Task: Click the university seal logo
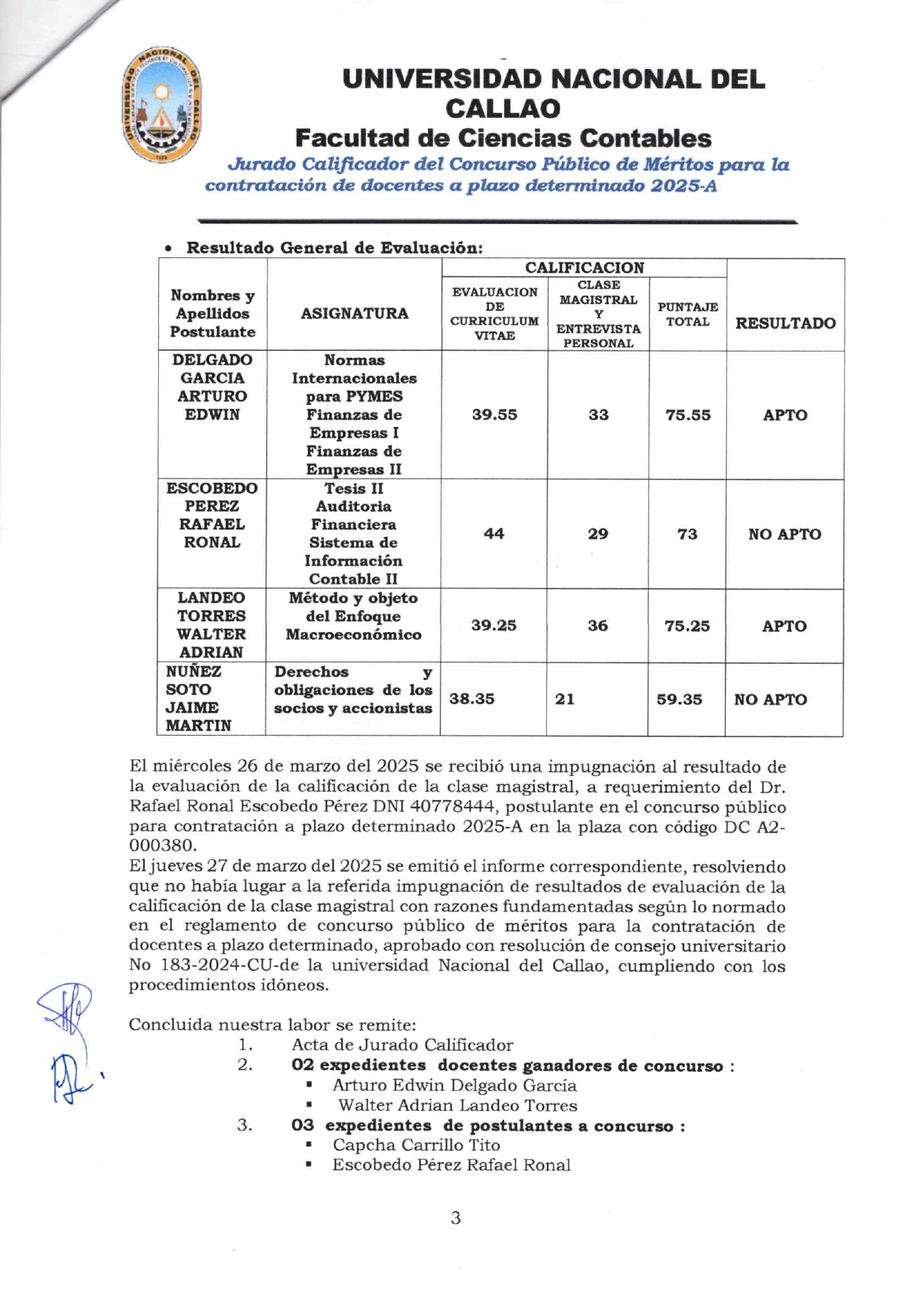(x=162, y=105)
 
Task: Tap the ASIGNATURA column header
(x=354, y=314)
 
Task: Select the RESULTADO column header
(x=785, y=323)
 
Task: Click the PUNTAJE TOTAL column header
(x=688, y=314)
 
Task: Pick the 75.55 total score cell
(x=688, y=415)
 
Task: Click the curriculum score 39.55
(x=494, y=415)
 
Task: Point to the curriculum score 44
(x=493, y=534)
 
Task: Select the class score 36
(x=598, y=626)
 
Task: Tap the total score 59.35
(x=679, y=699)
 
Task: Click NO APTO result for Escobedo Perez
(x=784, y=535)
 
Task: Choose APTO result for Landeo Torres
(x=784, y=627)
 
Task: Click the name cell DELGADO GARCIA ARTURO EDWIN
(x=212, y=387)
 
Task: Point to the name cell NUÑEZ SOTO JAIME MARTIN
(x=198, y=699)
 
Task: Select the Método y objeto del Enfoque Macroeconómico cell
(x=353, y=616)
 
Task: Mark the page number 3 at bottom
(x=456, y=1218)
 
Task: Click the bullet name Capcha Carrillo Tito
(x=415, y=1145)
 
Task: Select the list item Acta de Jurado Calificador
(x=401, y=1045)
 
